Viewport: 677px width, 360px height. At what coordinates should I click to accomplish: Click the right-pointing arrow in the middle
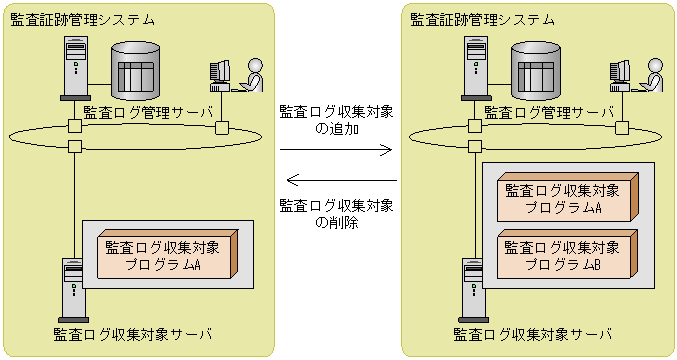click(x=336, y=150)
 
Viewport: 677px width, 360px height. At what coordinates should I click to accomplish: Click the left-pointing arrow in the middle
click(x=342, y=180)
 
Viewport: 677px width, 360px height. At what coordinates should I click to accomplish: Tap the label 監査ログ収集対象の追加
click(x=336, y=120)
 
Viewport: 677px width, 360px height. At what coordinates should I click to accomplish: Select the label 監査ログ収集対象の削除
click(x=336, y=214)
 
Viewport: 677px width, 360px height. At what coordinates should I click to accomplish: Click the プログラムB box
click(x=567, y=255)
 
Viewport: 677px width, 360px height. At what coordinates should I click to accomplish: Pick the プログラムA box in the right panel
click(x=567, y=197)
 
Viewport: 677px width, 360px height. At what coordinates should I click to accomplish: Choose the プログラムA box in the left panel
click(x=168, y=254)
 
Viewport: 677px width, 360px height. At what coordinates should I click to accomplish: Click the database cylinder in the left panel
click(x=136, y=71)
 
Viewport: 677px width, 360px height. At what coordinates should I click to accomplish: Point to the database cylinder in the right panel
click(x=536, y=71)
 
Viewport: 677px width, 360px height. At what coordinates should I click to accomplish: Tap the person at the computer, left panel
click(x=237, y=75)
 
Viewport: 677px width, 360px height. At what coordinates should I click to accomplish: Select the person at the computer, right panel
click(x=636, y=75)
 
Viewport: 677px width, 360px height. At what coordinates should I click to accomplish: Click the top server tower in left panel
click(x=76, y=68)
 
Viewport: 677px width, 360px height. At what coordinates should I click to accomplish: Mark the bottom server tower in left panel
click(x=73, y=291)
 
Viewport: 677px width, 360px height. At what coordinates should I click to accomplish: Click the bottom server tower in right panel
click(x=473, y=291)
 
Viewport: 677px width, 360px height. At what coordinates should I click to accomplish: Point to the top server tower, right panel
click(x=476, y=68)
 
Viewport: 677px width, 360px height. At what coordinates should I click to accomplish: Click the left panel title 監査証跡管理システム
click(x=82, y=20)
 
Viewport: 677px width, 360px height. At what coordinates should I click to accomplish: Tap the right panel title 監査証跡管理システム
click(x=482, y=20)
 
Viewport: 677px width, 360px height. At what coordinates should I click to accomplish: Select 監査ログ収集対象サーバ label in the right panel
click(x=533, y=335)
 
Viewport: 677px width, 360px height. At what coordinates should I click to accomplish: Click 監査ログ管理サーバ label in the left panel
click(x=148, y=113)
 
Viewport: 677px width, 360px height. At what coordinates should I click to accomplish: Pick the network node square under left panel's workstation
click(x=222, y=128)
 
